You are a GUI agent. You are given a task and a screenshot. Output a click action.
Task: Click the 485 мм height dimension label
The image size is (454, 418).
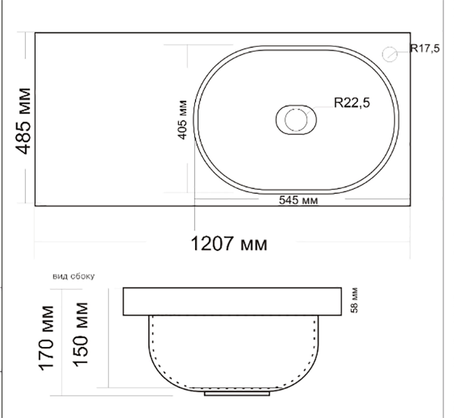coord(23,121)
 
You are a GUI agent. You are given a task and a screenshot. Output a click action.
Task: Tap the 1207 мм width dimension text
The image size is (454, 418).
coord(229,244)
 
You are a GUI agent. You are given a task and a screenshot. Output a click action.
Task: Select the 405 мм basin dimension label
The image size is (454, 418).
coord(182,120)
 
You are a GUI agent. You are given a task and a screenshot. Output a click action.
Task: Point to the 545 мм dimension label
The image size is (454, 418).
coord(298,200)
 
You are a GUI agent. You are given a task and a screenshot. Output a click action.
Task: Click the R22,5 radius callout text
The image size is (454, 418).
coord(352,103)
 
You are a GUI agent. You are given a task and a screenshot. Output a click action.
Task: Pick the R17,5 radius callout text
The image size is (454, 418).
coord(425,48)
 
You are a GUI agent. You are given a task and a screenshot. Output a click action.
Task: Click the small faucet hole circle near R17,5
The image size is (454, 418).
coord(389,54)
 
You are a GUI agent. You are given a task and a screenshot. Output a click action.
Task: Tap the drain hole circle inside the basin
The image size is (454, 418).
coord(296,120)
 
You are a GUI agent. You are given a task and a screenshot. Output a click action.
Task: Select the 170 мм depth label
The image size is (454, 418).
coord(47,338)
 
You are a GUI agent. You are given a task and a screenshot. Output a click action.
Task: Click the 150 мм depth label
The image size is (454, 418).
coord(80,334)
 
